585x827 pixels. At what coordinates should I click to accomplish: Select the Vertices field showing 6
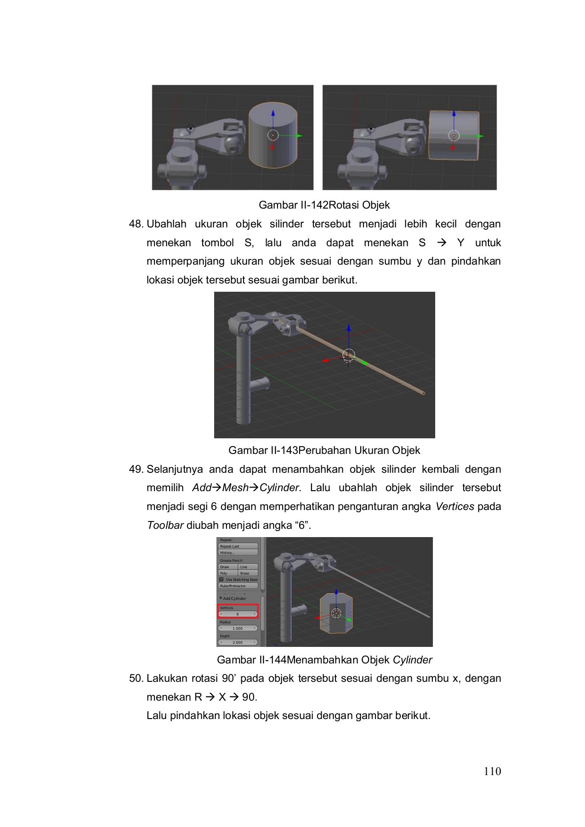[238, 614]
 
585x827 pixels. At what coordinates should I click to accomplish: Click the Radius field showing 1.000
[238, 628]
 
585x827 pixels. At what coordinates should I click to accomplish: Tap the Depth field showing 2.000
[238, 642]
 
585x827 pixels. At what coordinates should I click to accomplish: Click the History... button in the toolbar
[238, 553]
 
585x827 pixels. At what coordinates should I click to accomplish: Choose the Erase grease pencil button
[248, 573]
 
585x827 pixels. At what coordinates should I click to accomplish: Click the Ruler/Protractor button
[238, 586]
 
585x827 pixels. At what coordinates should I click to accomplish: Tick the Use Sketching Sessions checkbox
[222, 579]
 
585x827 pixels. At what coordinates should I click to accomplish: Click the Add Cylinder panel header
[234, 598]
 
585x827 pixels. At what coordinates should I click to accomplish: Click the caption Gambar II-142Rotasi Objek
[324, 205]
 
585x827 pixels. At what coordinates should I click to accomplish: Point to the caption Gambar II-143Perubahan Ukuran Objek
[324, 450]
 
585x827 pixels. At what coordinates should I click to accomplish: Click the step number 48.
[136, 224]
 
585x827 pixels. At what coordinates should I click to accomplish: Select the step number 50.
[136, 679]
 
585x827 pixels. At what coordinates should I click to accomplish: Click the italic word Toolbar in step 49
[165, 525]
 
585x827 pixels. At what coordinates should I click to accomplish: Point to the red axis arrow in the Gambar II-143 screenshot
[326, 361]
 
